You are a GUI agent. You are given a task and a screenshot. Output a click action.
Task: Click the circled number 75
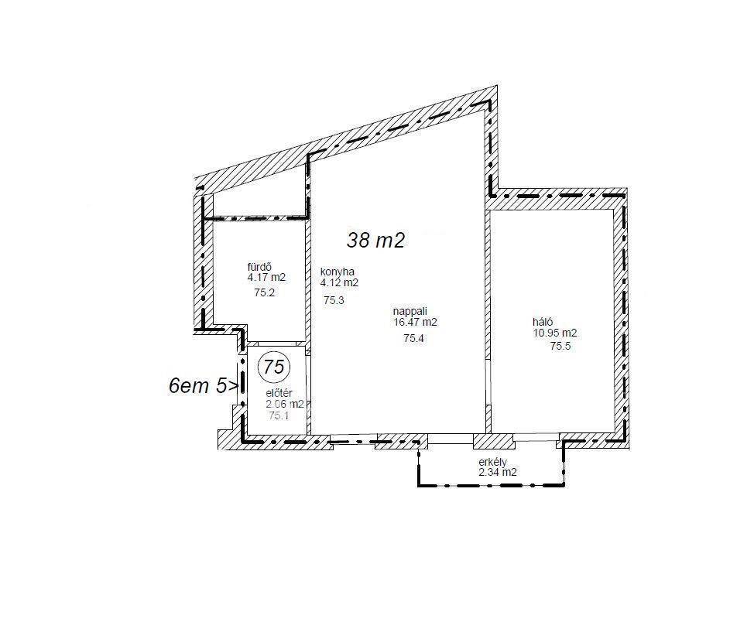[x=274, y=367]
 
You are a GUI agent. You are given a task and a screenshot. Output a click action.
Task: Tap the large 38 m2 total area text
[x=375, y=240]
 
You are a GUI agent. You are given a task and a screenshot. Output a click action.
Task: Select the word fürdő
[x=259, y=267]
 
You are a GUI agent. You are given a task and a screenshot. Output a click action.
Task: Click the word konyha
[x=338, y=272]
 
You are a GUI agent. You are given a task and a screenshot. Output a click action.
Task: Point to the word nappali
[x=410, y=311]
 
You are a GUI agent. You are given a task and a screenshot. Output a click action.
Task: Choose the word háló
[x=543, y=322]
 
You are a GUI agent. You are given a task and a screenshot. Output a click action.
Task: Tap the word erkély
[x=492, y=462]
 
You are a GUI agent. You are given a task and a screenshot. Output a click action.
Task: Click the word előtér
[x=279, y=394]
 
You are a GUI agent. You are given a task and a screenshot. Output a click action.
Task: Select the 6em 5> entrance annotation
[x=204, y=386]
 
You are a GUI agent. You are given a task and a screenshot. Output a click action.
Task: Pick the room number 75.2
[x=265, y=292]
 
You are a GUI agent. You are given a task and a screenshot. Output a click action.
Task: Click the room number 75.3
[x=334, y=300]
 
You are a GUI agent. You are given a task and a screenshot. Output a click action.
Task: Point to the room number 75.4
[x=413, y=338]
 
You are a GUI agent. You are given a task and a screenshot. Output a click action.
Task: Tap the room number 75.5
[x=560, y=346]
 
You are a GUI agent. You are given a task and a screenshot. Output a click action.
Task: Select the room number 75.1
[x=279, y=415]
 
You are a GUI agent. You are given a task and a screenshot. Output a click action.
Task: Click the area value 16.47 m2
[x=415, y=322]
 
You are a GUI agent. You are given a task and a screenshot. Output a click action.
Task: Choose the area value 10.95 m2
[x=555, y=333]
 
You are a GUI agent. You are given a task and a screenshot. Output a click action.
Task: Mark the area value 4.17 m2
[x=266, y=278]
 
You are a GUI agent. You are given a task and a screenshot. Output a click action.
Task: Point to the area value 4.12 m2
[x=339, y=282]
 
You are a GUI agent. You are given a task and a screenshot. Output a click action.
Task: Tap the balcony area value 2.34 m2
[x=498, y=472]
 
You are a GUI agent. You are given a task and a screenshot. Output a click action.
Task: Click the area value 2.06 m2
[x=285, y=405]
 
